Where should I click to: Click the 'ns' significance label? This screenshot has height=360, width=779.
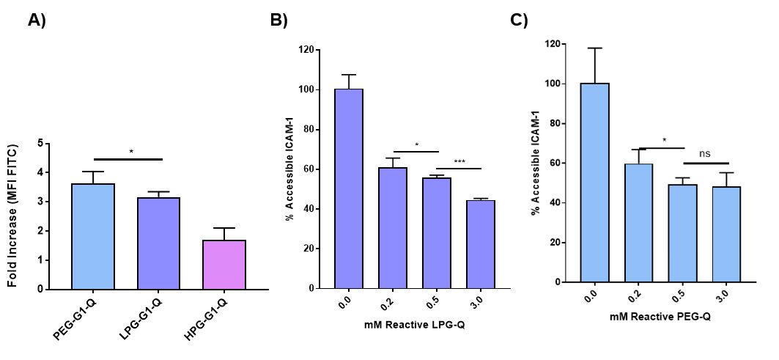[x=706, y=155]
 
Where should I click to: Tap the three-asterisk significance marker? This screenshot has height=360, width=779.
[x=459, y=161]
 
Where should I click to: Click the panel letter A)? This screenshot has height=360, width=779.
[x=37, y=21]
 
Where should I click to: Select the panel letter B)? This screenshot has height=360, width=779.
[x=279, y=21]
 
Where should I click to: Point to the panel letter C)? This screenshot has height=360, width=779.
[x=519, y=20]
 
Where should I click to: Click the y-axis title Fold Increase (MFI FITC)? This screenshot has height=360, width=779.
[x=12, y=216]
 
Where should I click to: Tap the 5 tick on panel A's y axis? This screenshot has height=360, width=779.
[x=48, y=143]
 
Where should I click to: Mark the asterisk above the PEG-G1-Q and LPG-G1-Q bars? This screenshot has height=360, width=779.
[x=131, y=152]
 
